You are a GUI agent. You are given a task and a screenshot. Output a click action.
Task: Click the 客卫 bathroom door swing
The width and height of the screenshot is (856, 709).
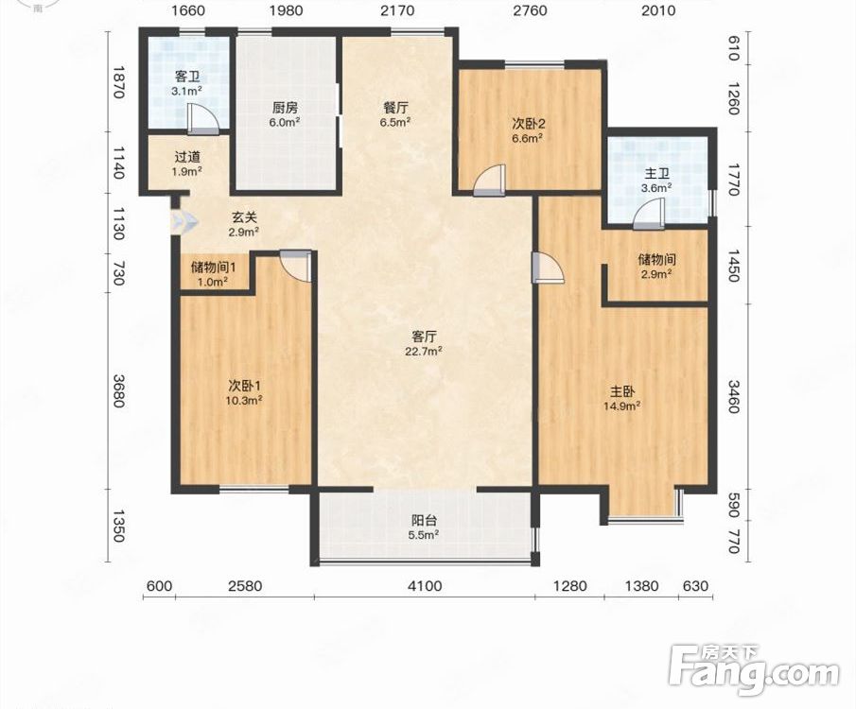(x=202, y=119)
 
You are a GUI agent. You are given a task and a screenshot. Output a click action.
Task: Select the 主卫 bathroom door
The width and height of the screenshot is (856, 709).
(x=649, y=213)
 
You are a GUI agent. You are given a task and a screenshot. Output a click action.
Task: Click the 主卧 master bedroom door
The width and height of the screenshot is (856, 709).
(x=548, y=267)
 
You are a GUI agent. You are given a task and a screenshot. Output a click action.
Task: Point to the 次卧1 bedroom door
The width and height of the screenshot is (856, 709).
(x=296, y=266)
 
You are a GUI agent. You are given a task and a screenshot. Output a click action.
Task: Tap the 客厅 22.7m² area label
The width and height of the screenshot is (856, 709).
(x=424, y=343)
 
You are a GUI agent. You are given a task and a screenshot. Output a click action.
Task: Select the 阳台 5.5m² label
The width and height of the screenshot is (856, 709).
(x=424, y=527)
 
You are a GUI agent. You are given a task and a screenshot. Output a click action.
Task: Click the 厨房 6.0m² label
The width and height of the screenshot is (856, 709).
(x=285, y=114)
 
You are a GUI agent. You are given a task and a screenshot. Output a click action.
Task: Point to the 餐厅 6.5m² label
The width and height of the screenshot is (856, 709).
(x=395, y=114)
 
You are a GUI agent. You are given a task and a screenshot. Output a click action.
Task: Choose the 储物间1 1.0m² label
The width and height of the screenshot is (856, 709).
(x=213, y=274)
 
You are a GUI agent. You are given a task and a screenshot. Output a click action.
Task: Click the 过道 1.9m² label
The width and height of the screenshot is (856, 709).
(x=188, y=164)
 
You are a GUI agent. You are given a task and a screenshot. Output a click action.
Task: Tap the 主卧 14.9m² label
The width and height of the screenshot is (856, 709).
(x=621, y=398)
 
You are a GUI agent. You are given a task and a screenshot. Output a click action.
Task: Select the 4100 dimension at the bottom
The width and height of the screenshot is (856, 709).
(x=425, y=586)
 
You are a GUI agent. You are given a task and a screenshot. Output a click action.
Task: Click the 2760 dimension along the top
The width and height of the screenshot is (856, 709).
(x=530, y=10)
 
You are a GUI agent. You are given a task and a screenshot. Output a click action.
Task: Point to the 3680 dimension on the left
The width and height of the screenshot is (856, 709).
(x=118, y=390)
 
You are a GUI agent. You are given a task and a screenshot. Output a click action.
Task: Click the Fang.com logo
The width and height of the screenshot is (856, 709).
(x=753, y=670)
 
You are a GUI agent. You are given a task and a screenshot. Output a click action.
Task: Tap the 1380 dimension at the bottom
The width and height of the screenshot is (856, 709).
(x=641, y=586)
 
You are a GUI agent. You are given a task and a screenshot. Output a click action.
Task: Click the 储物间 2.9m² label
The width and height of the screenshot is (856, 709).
(x=655, y=267)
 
